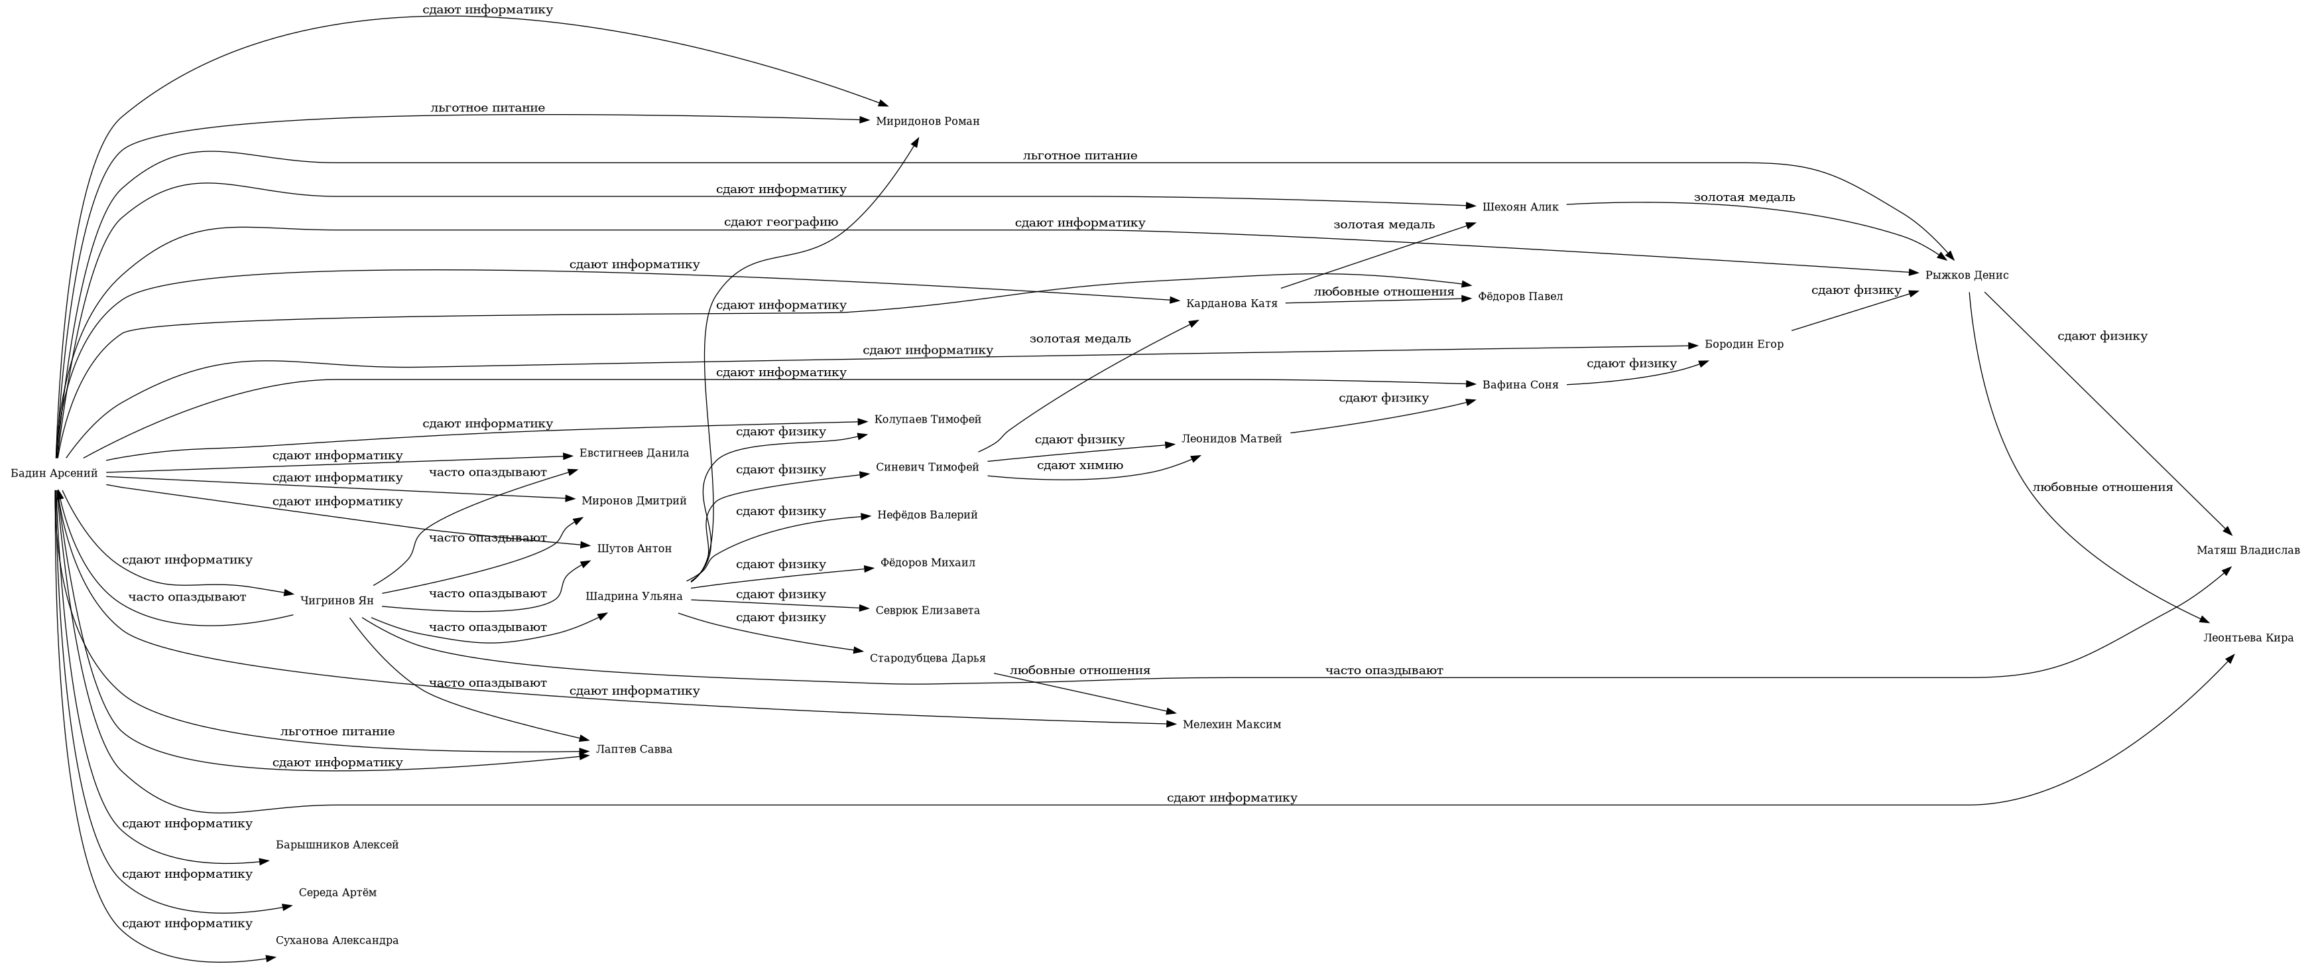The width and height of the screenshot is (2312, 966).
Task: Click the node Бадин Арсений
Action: [54, 473]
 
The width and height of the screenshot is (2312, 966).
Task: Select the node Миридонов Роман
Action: [927, 121]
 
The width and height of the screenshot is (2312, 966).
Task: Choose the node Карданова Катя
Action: [1231, 303]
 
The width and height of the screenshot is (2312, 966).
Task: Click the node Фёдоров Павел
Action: [1520, 297]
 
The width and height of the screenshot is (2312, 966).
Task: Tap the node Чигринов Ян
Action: [337, 600]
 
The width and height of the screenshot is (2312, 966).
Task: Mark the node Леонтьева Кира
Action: [2248, 638]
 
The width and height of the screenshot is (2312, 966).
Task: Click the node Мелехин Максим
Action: [1231, 724]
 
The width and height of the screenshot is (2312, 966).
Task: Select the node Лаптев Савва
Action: [634, 749]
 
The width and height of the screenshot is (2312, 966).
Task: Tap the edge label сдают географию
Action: [780, 222]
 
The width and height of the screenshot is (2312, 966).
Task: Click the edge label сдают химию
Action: [1079, 465]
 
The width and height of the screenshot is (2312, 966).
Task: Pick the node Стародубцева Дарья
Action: [927, 658]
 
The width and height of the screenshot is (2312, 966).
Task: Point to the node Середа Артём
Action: [337, 892]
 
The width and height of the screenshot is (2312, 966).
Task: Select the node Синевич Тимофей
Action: [927, 467]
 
